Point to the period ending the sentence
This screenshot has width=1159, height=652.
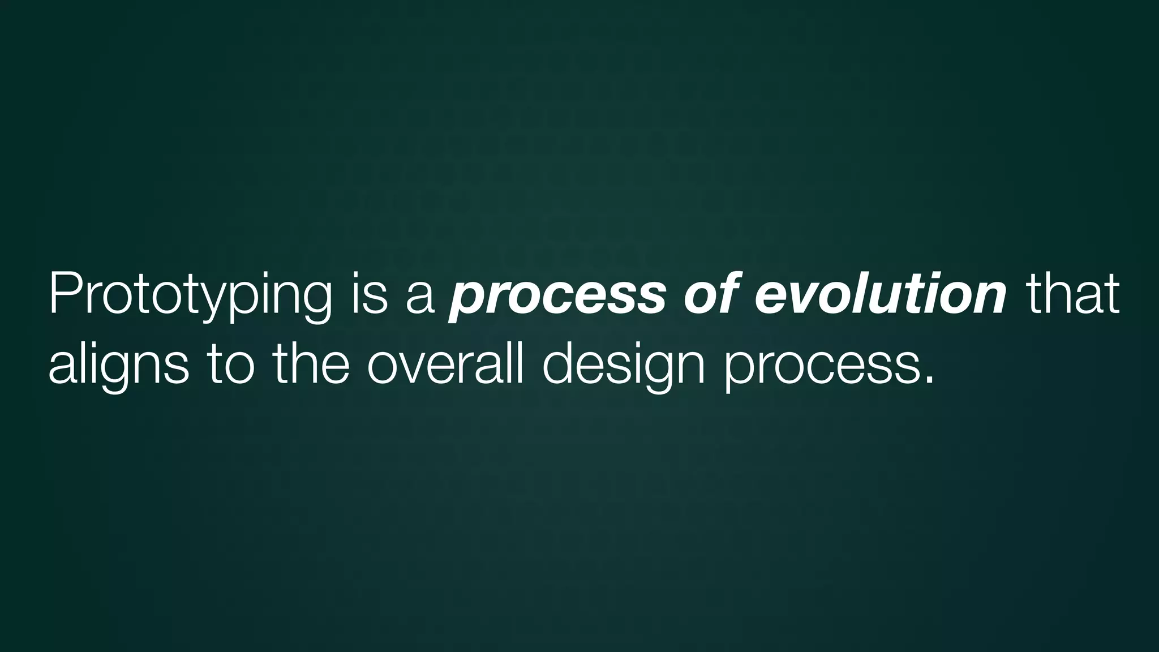(927, 380)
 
